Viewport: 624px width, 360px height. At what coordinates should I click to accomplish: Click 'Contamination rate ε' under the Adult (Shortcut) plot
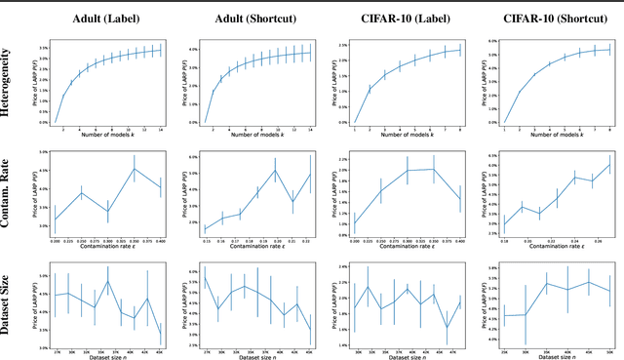coord(254,246)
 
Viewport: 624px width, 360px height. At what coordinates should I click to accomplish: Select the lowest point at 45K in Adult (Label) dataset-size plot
coord(161,335)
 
